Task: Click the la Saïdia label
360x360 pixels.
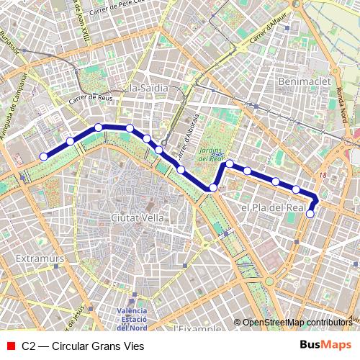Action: pyautogui.click(x=146, y=88)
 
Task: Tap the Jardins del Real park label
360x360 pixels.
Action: pyautogui.click(x=212, y=154)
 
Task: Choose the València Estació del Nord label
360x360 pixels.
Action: pyautogui.click(x=132, y=318)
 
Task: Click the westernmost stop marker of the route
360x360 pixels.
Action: pyautogui.click(x=43, y=156)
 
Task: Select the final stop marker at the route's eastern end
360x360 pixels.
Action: pyautogui.click(x=310, y=213)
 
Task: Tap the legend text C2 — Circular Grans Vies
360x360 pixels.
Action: pyautogui.click(x=83, y=346)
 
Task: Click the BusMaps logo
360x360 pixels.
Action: pyautogui.click(x=325, y=346)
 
